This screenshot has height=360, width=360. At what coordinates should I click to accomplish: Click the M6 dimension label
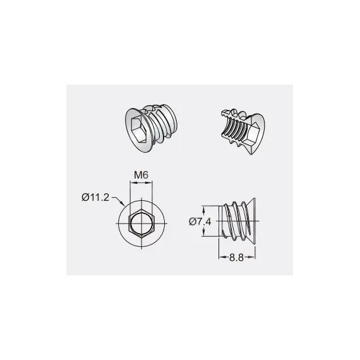[x=141, y=176]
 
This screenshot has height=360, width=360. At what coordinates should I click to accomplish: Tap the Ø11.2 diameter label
[x=95, y=198]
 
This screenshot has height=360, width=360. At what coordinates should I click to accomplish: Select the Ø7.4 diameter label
[x=200, y=222]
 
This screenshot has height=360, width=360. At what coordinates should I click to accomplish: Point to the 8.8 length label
[x=236, y=258]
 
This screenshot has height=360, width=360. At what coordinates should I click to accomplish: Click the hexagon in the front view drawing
[x=141, y=223]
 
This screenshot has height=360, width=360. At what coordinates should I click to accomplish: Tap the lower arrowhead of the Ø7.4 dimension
[x=203, y=234]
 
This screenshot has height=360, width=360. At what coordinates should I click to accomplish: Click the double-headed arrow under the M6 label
[x=141, y=183]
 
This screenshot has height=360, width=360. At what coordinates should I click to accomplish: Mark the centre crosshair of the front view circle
[x=141, y=223]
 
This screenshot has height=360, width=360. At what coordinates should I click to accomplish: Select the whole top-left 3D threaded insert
[x=152, y=128]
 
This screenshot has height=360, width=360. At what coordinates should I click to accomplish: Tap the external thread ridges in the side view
[x=234, y=221]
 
